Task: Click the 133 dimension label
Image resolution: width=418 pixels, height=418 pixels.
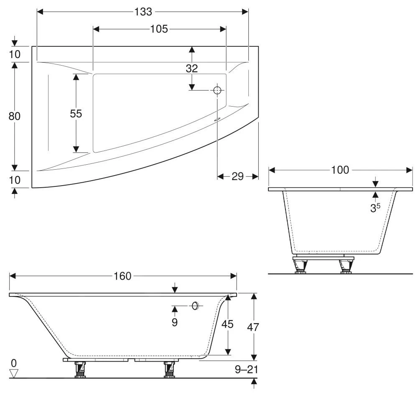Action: (143, 12)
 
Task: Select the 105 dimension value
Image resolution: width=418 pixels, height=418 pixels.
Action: (159, 29)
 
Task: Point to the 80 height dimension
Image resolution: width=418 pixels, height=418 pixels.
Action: (15, 116)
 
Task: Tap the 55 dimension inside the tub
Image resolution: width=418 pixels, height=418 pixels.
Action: (76, 113)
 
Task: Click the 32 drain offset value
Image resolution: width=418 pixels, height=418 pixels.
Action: (192, 68)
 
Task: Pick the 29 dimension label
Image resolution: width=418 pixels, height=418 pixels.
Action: (237, 176)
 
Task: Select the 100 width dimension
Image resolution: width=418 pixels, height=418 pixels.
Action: (340, 170)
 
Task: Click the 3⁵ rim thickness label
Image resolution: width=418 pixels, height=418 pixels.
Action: (375, 208)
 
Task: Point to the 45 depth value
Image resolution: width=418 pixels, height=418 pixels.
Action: (227, 324)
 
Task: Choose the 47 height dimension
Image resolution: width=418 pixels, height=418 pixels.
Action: (253, 327)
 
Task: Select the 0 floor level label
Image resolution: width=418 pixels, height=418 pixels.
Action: (14, 362)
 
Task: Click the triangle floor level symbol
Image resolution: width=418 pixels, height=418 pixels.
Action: (14, 373)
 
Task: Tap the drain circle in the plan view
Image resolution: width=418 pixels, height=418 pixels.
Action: (217, 90)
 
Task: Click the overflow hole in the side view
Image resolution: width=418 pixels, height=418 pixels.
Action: (195, 306)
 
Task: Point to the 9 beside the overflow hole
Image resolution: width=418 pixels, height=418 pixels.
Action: (175, 322)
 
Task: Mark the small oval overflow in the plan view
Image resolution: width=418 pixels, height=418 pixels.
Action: (216, 119)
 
